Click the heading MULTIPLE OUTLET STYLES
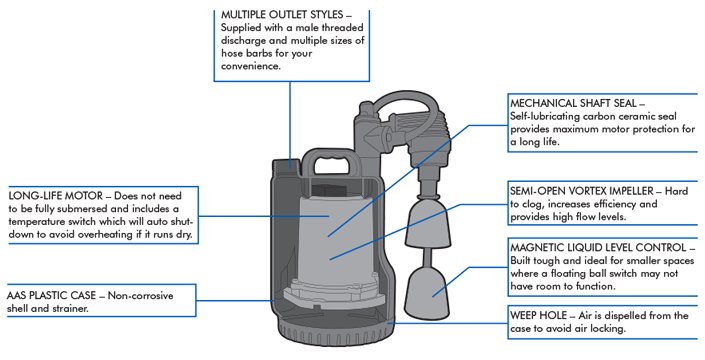(x=282, y=14)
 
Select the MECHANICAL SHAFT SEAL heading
(x=573, y=103)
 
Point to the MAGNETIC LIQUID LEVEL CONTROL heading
(x=598, y=248)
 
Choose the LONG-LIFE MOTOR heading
(x=55, y=196)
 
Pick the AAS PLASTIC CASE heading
(x=51, y=296)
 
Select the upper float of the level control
(x=427, y=225)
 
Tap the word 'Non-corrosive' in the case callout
(x=140, y=296)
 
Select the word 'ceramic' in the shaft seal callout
(x=638, y=116)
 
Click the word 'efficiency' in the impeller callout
(x=615, y=204)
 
